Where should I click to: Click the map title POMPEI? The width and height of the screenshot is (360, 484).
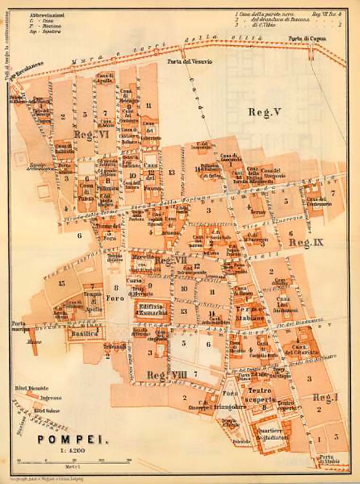coord(73,440)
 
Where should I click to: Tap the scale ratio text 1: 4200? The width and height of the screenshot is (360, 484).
coord(72,450)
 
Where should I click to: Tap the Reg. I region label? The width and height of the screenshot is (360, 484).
coord(326,398)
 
